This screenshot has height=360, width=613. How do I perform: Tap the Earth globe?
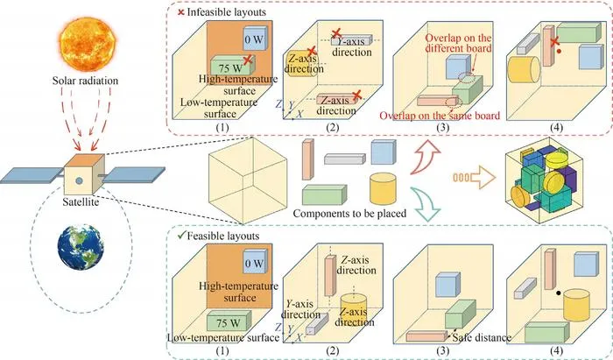(81, 247)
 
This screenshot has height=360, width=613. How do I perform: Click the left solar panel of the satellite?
(32, 175)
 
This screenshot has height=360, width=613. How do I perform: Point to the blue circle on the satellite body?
(79, 180)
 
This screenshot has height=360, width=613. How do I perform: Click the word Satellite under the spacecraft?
(81, 202)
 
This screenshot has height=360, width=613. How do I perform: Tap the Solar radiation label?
(85, 81)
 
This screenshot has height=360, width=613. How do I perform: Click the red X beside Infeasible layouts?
(181, 12)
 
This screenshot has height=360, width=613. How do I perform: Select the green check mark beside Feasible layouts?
(181, 236)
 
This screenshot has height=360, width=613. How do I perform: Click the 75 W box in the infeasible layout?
(232, 67)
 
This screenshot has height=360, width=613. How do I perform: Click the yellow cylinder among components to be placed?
(384, 188)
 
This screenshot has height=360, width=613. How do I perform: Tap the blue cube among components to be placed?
(381, 152)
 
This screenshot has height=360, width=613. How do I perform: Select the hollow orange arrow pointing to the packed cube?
(475, 178)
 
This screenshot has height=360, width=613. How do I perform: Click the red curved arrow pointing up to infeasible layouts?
(426, 157)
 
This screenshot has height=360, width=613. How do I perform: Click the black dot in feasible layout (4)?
(559, 293)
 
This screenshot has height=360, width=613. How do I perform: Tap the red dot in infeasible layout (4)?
(559, 51)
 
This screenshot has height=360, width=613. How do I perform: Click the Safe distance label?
(482, 337)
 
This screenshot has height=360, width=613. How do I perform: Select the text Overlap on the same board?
(440, 116)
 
